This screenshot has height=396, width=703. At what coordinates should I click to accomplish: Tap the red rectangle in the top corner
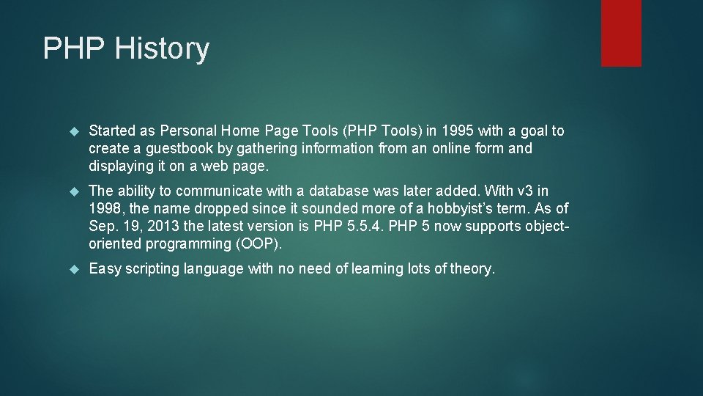pos(621,33)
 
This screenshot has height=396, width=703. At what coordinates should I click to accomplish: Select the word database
pos(339,191)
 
